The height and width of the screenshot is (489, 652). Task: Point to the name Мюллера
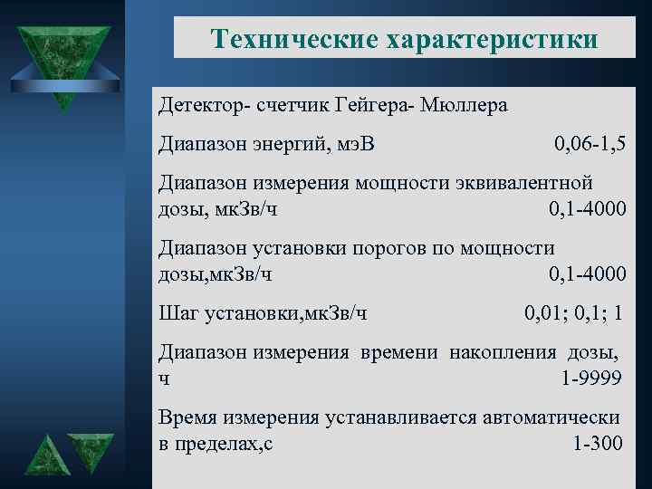[x=462, y=106]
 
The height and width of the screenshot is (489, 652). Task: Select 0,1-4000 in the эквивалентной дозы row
[x=587, y=209]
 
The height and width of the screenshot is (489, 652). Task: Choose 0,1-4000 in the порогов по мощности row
[x=587, y=273]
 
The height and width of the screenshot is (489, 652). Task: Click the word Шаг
[x=178, y=312]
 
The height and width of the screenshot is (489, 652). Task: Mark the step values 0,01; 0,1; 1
[x=573, y=312]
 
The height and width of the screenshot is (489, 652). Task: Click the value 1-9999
[x=591, y=378]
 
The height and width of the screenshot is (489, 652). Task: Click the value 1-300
[x=599, y=444]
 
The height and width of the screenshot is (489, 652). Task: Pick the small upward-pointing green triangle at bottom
[x=44, y=455]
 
